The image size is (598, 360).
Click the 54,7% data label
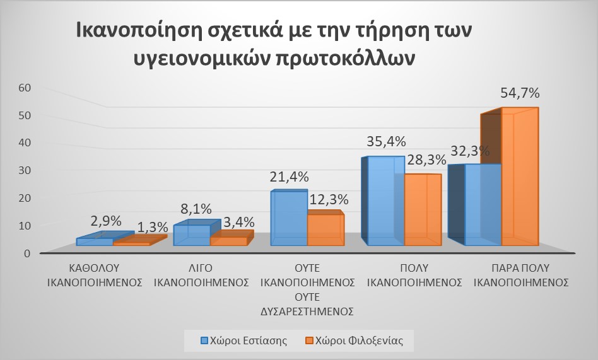pyautogui.click(x=520, y=93)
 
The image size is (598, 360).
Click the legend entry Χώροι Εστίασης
pyautogui.click(x=244, y=340)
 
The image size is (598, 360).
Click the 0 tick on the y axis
pyautogui.click(x=26, y=253)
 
